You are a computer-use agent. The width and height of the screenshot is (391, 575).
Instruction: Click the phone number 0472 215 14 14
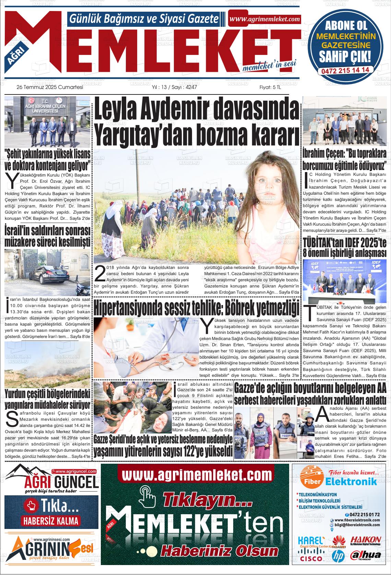345,70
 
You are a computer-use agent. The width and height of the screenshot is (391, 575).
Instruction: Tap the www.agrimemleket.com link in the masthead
264,19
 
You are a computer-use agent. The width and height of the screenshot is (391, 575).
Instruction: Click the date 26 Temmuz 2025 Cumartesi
50,87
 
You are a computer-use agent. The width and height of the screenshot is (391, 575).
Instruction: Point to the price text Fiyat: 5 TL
270,87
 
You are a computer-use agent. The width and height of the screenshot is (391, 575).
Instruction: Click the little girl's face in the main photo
271,183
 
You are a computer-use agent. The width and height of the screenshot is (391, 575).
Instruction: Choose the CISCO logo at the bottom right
311,559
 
